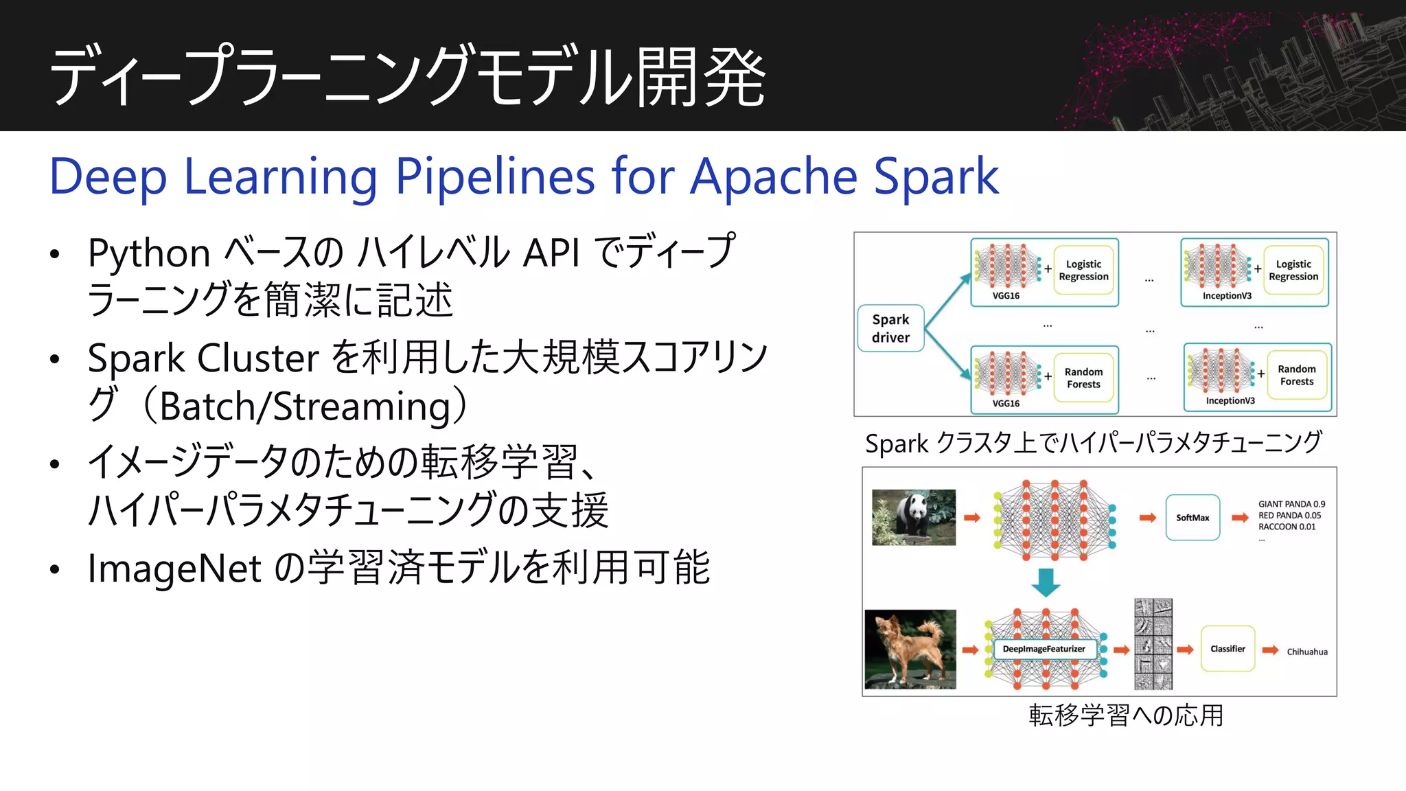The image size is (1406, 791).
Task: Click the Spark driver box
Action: coord(890,328)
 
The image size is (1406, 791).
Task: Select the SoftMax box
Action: coord(1192,518)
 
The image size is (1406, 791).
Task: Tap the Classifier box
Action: coord(1228,649)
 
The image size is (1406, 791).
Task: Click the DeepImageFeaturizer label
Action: coord(1044,649)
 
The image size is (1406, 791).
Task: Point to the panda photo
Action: coord(913,517)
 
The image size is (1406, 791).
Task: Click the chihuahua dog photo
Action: coord(910,649)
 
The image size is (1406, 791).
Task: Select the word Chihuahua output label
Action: coord(1306,652)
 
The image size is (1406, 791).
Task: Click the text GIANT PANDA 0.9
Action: coord(1291,504)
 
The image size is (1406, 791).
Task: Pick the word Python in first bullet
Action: coord(148,253)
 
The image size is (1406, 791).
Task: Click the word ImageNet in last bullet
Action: coord(174,569)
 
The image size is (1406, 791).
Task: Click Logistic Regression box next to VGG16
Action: coord(1083,271)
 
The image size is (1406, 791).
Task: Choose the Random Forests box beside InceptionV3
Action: coord(1296,376)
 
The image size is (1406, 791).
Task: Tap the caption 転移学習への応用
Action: coord(1126,715)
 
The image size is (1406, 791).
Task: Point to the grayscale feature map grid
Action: coord(1153,644)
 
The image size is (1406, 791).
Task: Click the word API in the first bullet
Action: coord(551,253)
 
